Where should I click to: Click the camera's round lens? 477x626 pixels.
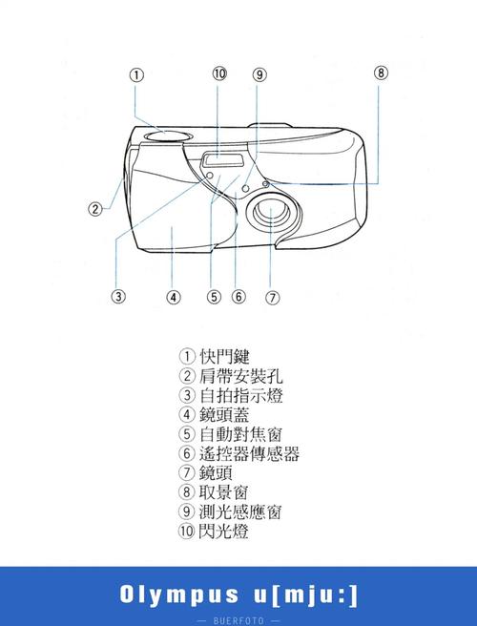tap(271, 215)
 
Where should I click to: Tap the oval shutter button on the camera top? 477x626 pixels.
tap(168, 136)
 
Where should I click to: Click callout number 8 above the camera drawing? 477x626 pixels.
tap(381, 73)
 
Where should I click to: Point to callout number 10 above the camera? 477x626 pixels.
tap(219, 73)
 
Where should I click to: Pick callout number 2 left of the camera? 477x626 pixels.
tap(95, 209)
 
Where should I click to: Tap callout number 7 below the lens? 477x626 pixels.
tap(273, 296)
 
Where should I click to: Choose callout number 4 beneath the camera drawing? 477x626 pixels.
tap(173, 296)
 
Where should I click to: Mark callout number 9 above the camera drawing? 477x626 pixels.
tap(259, 74)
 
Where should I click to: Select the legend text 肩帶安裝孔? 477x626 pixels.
tap(240, 376)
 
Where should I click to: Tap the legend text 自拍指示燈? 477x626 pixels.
tap(240, 395)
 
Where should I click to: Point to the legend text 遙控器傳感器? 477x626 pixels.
tap(249, 453)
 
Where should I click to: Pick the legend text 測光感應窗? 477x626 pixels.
tap(240, 511)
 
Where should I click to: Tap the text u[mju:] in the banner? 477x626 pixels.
tap(311, 595)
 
